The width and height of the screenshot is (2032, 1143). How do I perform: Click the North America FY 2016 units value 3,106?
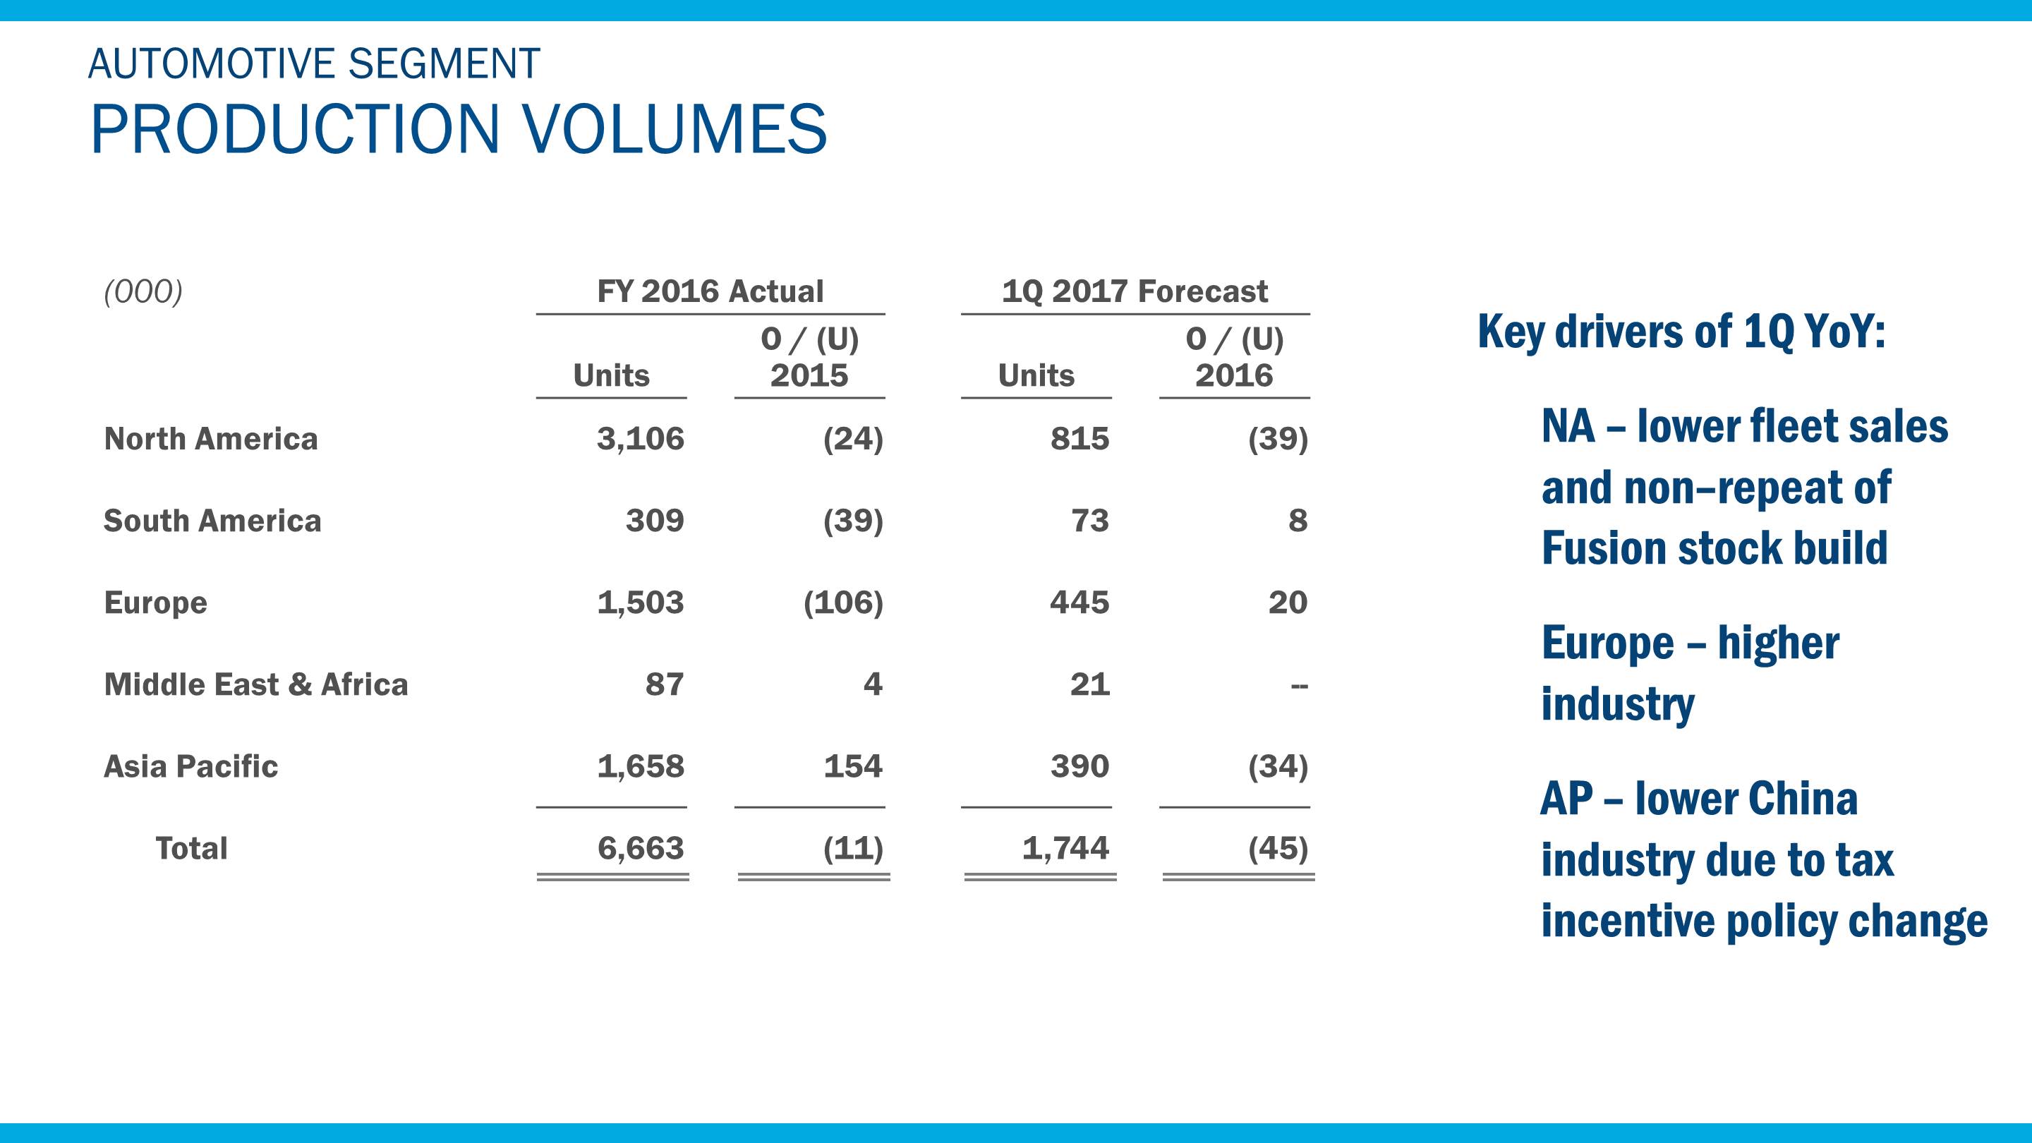[x=640, y=439]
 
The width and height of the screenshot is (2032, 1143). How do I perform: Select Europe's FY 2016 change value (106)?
[x=842, y=603]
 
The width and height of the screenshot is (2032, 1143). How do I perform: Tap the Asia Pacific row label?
[x=191, y=767]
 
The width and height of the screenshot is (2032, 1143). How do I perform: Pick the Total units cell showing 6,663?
[x=640, y=849]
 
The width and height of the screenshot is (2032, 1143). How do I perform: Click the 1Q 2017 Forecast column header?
[x=1135, y=292]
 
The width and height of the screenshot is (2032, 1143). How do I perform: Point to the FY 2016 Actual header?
[x=710, y=292]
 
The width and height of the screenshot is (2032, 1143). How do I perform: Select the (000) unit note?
[x=143, y=292]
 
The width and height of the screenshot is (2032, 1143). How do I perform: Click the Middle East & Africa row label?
[x=255, y=684]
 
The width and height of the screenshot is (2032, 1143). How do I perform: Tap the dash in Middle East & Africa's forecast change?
[x=1298, y=687]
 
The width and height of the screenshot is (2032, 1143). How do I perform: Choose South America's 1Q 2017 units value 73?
[x=1089, y=521]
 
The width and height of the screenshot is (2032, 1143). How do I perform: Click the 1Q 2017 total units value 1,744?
[x=1065, y=849]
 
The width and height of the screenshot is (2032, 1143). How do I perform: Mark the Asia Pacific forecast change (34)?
[x=1277, y=767]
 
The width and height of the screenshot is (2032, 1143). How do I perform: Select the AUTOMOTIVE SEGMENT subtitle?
[x=314, y=64]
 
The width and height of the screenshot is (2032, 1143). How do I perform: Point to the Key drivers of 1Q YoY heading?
[x=1681, y=332]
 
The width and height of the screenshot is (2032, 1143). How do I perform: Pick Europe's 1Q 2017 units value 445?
[x=1079, y=603]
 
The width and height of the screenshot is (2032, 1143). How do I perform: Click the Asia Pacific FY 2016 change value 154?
[x=853, y=767]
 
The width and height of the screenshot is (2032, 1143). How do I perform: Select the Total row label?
[x=191, y=849]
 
